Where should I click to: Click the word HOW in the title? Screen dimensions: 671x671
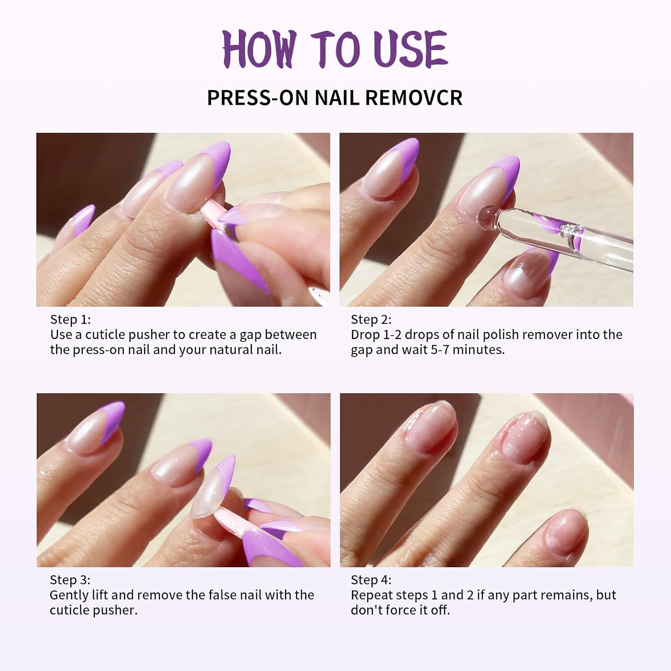[259, 49]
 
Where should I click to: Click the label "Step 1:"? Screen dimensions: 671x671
[70, 319]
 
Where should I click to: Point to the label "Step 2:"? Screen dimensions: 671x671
[371, 319]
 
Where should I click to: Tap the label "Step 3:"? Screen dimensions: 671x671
[70, 580]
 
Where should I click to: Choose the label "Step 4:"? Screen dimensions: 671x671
[371, 580]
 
